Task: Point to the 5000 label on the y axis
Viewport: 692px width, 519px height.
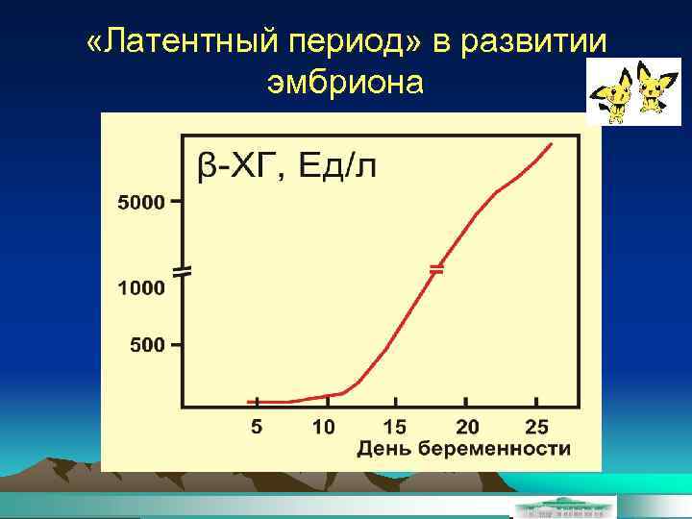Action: pyautogui.click(x=140, y=203)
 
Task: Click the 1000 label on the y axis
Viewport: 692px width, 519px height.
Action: pyautogui.click(x=140, y=286)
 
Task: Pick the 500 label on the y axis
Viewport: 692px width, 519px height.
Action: pyautogui.click(x=147, y=345)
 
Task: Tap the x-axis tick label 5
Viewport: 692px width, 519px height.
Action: pyautogui.click(x=256, y=426)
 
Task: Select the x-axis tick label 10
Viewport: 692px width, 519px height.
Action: pyautogui.click(x=324, y=426)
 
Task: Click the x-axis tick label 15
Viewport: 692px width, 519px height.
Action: pyautogui.click(x=395, y=426)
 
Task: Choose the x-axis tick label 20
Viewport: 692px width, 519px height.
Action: pyautogui.click(x=467, y=426)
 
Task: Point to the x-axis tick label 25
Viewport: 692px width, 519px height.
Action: pyautogui.click(x=537, y=426)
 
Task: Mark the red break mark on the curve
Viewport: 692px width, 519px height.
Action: pyautogui.click(x=436, y=270)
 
